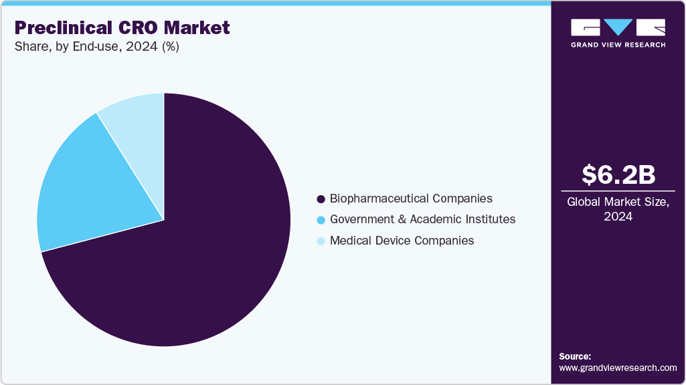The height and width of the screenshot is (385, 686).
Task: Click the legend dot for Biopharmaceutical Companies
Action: point(321,199)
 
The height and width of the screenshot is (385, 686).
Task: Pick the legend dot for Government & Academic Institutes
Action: point(321,220)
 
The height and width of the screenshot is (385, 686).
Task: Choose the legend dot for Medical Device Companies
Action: point(321,241)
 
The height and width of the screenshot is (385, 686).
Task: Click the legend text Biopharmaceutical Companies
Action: point(411,199)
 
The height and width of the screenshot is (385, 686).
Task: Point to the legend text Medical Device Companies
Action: point(402,241)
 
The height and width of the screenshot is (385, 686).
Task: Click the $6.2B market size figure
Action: point(618,174)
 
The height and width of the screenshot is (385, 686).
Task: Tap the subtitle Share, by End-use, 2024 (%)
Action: point(96,47)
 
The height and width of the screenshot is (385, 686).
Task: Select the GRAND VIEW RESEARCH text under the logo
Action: point(618,45)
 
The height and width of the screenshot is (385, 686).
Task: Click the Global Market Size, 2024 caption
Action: point(618,209)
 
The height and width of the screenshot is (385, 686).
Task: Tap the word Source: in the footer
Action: point(575,356)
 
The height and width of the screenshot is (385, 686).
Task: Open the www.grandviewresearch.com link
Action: point(618,368)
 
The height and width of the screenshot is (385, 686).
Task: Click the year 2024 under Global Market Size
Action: point(618,217)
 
